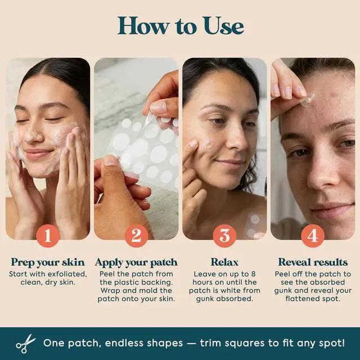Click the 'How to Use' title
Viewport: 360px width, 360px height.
tap(181, 26)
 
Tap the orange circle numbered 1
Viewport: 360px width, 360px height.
tap(48, 236)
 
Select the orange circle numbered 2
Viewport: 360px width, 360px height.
tap(136, 236)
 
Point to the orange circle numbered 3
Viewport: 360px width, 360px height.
tap(224, 236)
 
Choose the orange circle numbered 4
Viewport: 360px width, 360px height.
tap(313, 236)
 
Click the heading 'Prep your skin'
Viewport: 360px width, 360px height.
tap(48, 263)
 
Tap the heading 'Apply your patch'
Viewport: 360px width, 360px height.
tap(136, 263)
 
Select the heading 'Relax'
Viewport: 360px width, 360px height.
tap(224, 262)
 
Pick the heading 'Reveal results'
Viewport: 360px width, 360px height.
tap(313, 262)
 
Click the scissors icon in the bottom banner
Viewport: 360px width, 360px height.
tap(25, 344)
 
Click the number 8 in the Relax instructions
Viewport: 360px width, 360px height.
tap(253, 274)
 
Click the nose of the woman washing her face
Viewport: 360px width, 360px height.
tap(34, 135)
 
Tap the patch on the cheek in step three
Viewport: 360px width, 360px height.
tap(206, 142)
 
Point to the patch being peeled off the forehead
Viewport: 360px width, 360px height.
tap(308, 100)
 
